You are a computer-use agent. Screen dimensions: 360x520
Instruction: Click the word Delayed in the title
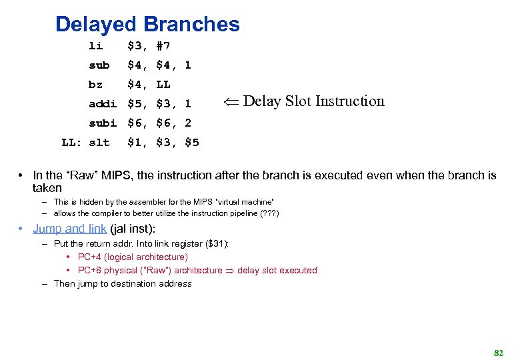tap(96, 25)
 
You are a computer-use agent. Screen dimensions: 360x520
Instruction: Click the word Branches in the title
tap(191, 25)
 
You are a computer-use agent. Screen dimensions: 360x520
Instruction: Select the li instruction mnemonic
tap(96, 46)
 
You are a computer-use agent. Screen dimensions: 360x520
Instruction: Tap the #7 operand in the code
tap(163, 46)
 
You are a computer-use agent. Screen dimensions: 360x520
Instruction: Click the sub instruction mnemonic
tap(99, 65)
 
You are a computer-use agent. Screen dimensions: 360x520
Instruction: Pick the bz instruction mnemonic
tap(96, 85)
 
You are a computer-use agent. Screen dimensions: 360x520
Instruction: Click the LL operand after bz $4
tap(163, 85)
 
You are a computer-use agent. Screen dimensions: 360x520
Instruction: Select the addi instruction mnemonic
tap(103, 104)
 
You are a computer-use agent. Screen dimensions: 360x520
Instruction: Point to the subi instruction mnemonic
tap(103, 123)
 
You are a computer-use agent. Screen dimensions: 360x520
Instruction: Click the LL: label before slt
tap(71, 143)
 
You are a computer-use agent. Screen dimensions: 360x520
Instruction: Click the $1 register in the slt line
tap(137, 143)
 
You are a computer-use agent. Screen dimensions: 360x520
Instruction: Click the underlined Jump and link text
tap(69, 229)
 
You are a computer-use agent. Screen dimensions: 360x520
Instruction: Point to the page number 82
tap(497, 352)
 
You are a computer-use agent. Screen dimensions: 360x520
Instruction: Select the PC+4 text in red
tap(89, 257)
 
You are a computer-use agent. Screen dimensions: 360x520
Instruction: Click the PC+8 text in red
tap(89, 270)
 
